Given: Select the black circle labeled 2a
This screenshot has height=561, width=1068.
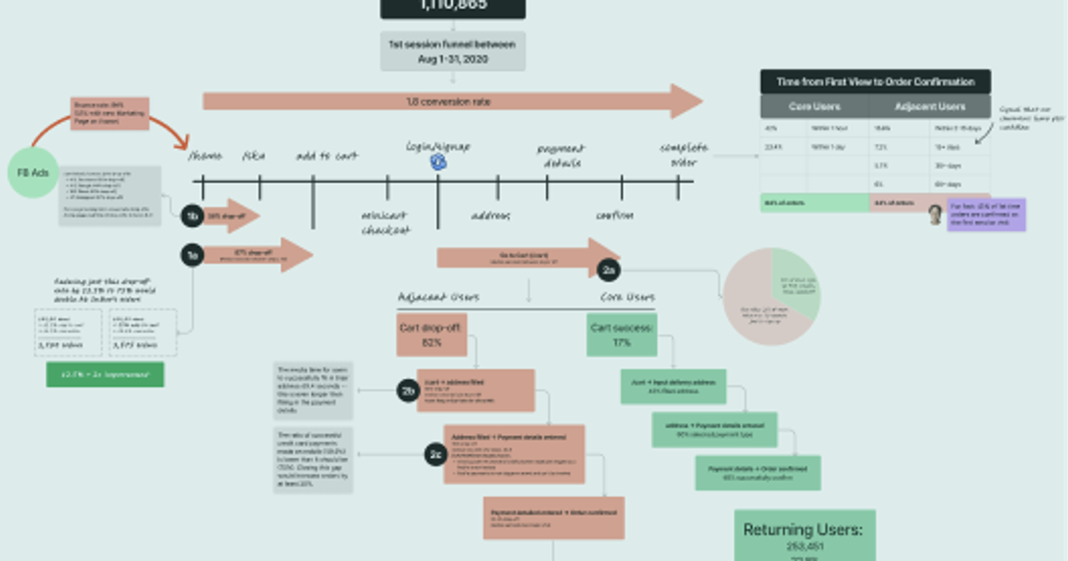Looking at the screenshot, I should (x=609, y=269).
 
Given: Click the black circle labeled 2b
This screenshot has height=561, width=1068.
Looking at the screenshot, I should (x=409, y=390).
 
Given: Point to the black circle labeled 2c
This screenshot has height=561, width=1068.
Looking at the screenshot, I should (x=434, y=455).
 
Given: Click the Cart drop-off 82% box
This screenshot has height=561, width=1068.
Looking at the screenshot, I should (x=432, y=334).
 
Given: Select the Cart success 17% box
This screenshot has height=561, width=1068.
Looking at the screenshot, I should (x=621, y=334).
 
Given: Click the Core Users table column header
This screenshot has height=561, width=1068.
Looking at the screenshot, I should (x=814, y=107).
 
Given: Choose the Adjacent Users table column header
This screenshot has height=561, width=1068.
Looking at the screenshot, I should (x=929, y=107).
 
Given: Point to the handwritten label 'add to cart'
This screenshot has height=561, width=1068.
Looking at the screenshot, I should (x=327, y=157).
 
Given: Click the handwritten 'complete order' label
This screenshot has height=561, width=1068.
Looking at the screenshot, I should (x=684, y=154).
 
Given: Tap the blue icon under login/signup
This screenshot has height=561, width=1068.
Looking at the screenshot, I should (x=438, y=161).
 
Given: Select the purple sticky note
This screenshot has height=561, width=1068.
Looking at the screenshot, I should (x=987, y=215).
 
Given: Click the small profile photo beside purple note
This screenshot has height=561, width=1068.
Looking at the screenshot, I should (x=935, y=214).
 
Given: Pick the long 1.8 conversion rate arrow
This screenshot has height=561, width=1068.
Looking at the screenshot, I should (x=452, y=102).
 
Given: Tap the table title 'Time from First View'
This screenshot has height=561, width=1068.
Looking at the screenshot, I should (x=875, y=82).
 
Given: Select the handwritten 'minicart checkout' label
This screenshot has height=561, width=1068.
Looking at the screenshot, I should (x=386, y=223).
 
